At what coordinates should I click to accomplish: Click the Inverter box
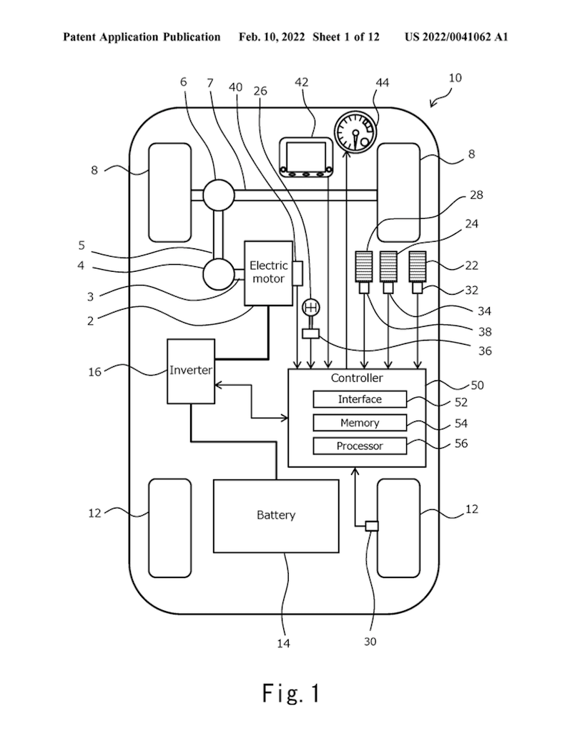[x=191, y=371]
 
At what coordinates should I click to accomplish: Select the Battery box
[x=276, y=515]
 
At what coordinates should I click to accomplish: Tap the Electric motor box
[x=268, y=273]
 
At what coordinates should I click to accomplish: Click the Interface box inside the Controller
[x=360, y=399]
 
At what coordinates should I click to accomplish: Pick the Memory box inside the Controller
[x=360, y=423]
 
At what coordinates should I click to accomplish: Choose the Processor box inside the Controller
[x=360, y=446]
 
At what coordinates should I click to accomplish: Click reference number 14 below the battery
[x=284, y=643]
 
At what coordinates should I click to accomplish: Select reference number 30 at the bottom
[x=370, y=642]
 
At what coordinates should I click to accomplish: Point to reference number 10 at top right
[x=455, y=78]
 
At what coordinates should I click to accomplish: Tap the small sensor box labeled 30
[x=370, y=527]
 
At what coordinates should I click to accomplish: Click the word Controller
[x=357, y=378]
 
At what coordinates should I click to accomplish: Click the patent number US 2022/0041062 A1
[x=455, y=36]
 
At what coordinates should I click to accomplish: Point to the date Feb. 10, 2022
[x=272, y=36]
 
